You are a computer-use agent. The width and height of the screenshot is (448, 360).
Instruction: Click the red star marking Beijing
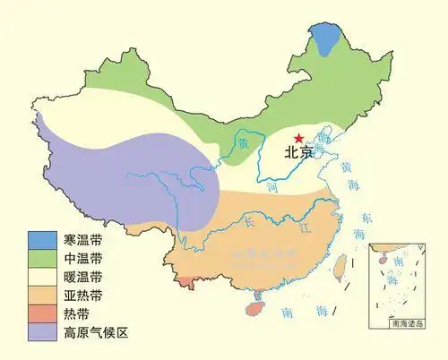click(298, 136)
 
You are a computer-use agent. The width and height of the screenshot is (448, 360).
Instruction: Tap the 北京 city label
click(300, 153)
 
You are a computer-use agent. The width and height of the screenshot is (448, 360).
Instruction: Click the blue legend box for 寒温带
click(40, 239)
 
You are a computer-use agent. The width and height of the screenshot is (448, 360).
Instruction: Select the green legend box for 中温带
click(40, 258)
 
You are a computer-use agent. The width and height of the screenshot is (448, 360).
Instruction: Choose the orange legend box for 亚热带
click(40, 296)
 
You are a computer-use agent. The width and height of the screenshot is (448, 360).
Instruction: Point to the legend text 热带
click(75, 314)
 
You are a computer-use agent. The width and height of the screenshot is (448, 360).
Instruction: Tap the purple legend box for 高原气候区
click(40, 333)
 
